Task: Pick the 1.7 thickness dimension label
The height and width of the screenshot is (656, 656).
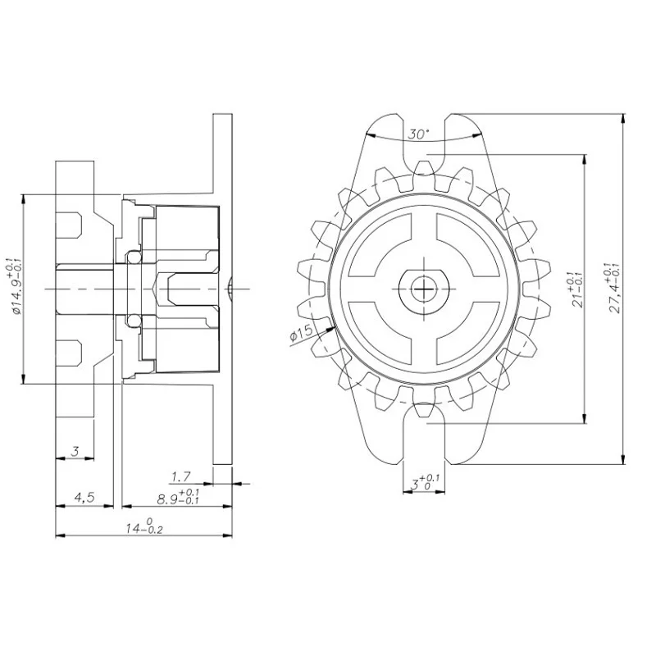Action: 181,476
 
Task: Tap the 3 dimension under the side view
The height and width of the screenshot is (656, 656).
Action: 75,451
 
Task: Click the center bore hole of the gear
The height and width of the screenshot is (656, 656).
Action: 424,288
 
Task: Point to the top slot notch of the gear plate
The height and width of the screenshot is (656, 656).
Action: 424,139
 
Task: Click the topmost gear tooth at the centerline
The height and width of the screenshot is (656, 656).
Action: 424,169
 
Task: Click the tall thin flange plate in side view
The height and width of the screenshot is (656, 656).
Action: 220,288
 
